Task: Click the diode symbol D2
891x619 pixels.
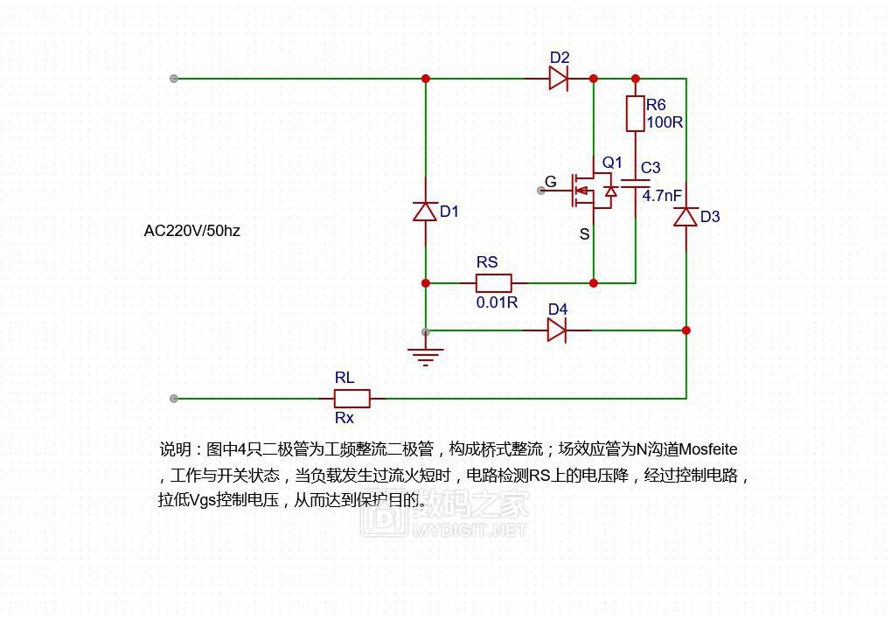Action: (x=559, y=79)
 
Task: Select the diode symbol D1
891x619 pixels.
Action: (x=426, y=212)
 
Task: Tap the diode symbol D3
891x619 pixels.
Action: (x=686, y=217)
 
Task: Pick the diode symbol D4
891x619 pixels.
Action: (x=557, y=330)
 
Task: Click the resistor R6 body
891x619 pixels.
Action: (x=636, y=114)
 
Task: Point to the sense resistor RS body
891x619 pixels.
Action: (x=493, y=283)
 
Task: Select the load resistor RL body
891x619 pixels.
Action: (x=352, y=399)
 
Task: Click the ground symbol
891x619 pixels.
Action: (x=426, y=354)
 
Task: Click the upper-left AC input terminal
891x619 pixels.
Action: (x=174, y=79)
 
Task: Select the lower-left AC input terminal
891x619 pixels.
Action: (x=174, y=399)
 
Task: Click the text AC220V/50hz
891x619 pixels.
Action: (x=191, y=231)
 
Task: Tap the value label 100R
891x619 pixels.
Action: (x=665, y=122)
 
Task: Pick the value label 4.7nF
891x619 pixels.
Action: (x=662, y=196)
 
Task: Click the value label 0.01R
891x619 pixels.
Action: (x=497, y=303)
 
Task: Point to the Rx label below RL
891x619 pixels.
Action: (x=345, y=418)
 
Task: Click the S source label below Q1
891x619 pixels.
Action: (x=585, y=234)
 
